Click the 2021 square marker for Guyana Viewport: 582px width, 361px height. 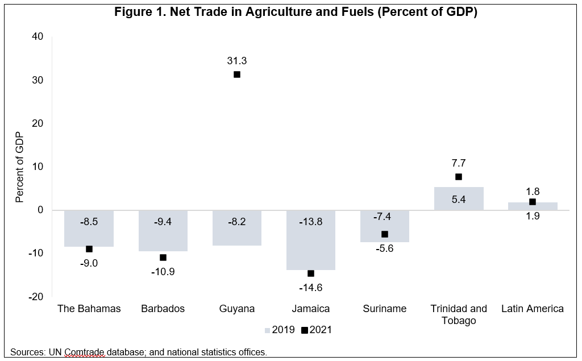click(x=237, y=74)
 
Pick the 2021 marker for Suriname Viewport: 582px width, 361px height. click(x=385, y=234)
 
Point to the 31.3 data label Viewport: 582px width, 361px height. click(x=237, y=61)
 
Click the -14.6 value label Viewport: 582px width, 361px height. click(x=310, y=288)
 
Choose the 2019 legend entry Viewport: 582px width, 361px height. click(x=280, y=330)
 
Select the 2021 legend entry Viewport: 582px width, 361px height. click(x=317, y=330)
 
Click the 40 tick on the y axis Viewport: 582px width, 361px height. click(x=38, y=36)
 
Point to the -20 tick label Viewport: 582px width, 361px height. click(x=35, y=297)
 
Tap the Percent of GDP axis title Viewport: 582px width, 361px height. click(x=20, y=167)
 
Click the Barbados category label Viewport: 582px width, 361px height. click(x=163, y=309)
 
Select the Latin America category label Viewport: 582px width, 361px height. click(x=533, y=309)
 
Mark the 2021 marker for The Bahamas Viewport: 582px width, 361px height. click(x=89, y=249)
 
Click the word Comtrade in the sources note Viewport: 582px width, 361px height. click(x=84, y=352)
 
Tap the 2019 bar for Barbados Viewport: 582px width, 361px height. click(x=163, y=239)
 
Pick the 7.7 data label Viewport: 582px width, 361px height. click(x=459, y=163)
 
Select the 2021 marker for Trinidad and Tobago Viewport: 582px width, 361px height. click(x=459, y=177)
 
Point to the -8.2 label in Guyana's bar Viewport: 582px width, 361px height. click(x=237, y=222)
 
